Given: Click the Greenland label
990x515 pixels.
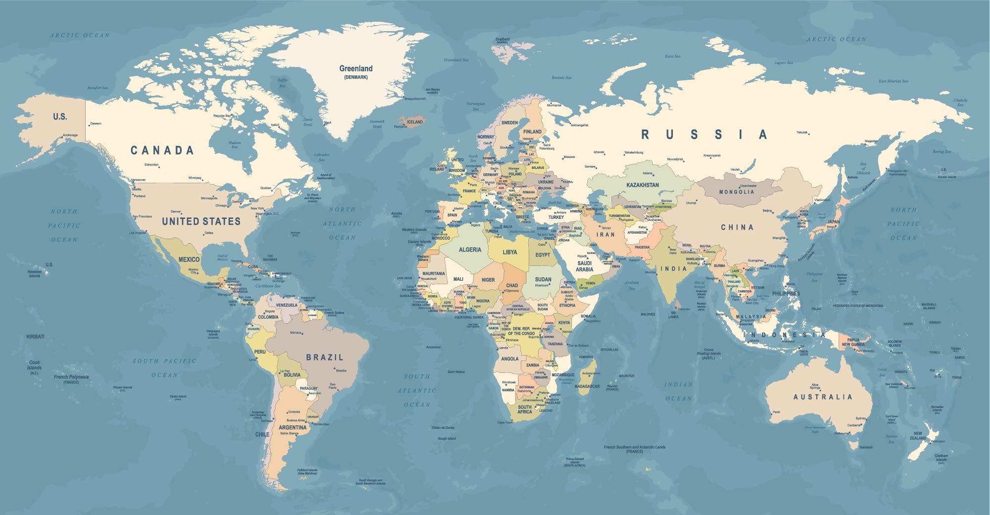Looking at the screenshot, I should tap(355, 69).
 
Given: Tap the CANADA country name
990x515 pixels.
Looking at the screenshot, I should tap(162, 151).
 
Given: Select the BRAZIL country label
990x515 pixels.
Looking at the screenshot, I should tap(325, 357).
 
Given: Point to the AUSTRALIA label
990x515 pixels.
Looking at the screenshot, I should tap(823, 397).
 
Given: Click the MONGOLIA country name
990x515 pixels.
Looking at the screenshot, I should tap(737, 192).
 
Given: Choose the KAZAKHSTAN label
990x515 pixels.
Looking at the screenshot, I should tap(642, 185).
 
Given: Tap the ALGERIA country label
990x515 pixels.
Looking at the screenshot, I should tap(470, 250).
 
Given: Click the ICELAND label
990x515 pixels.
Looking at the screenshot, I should tap(415, 122).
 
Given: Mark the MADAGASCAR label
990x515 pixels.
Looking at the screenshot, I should tap(587, 386).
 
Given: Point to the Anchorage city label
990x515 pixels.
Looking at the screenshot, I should tap(70, 135).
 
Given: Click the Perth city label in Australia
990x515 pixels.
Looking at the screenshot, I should tap(776, 412).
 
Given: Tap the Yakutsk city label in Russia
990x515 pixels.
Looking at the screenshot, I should tap(802, 132).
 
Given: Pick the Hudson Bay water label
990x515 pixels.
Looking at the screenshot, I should tap(235, 145).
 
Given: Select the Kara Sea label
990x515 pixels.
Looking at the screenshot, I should tap(672, 56).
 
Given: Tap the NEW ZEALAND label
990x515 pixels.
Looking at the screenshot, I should tap(918, 436).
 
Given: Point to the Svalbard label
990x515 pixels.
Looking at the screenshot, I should tap(502, 39).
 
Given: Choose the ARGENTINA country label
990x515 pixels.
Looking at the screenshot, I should tap(292, 427).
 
